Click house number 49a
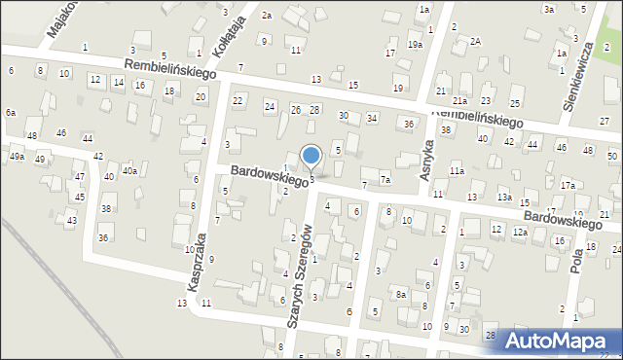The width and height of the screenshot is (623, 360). coord(17,157)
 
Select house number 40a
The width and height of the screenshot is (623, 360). coord(128,171)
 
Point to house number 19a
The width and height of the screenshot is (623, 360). coord(416,45)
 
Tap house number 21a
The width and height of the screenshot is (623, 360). coord(459,100)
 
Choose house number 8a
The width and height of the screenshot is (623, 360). coord(400,294)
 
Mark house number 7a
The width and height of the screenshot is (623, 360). coord(385,180)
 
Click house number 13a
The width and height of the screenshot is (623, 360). coord(504,198)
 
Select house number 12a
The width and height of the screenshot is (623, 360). coord(521,232)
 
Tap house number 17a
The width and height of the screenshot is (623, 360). coord(568,185)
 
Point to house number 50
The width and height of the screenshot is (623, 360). coord(612,156)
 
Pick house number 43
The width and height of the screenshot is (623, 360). coord(71,221)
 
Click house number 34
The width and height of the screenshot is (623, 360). coord(372,119)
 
